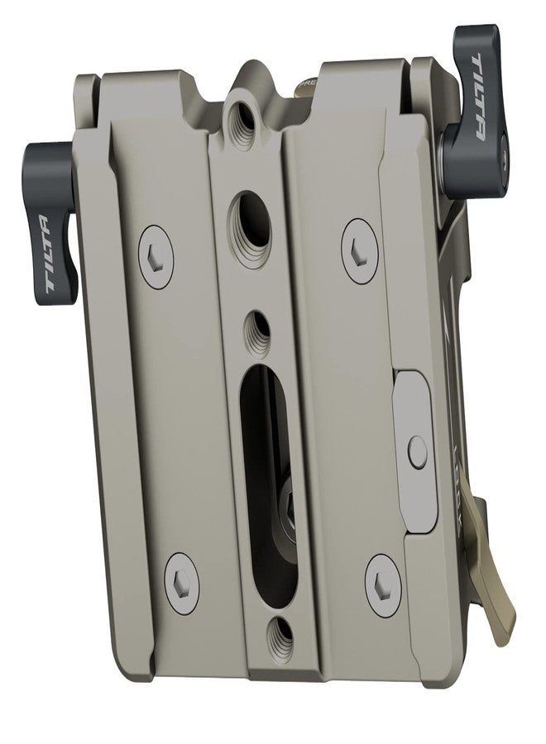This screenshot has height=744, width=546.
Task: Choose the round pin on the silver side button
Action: pos(419,451)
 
